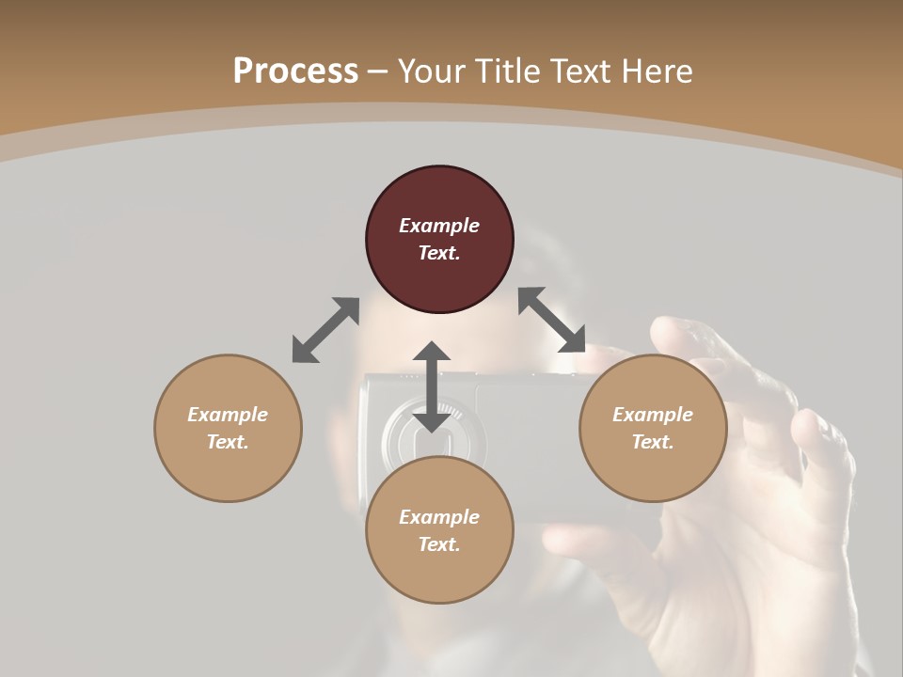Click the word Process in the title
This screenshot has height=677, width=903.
tap(295, 71)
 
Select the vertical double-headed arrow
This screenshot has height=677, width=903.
tap(432, 387)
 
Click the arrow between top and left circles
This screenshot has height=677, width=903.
tap(325, 330)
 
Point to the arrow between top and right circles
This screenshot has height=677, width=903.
tap(552, 320)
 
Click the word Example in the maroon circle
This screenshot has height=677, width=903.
tap(439, 226)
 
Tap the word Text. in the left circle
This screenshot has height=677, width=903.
tap(228, 442)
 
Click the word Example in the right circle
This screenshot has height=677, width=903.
tap(653, 415)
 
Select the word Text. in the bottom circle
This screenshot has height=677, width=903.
tap(439, 544)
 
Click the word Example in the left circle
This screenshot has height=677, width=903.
tap(228, 415)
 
